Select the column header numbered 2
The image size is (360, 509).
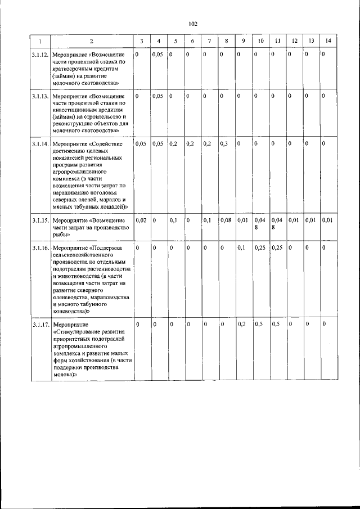click(92, 41)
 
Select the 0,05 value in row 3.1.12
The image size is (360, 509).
click(158, 54)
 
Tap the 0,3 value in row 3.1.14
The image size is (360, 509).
click(224, 144)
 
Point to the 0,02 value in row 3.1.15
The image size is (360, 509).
click(141, 220)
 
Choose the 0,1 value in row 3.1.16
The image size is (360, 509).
click(242, 247)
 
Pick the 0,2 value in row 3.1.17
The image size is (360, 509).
click(242, 325)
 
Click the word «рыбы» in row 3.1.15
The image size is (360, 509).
click(60, 235)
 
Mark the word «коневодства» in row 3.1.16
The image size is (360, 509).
click(69, 310)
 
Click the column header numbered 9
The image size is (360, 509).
click(243, 40)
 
